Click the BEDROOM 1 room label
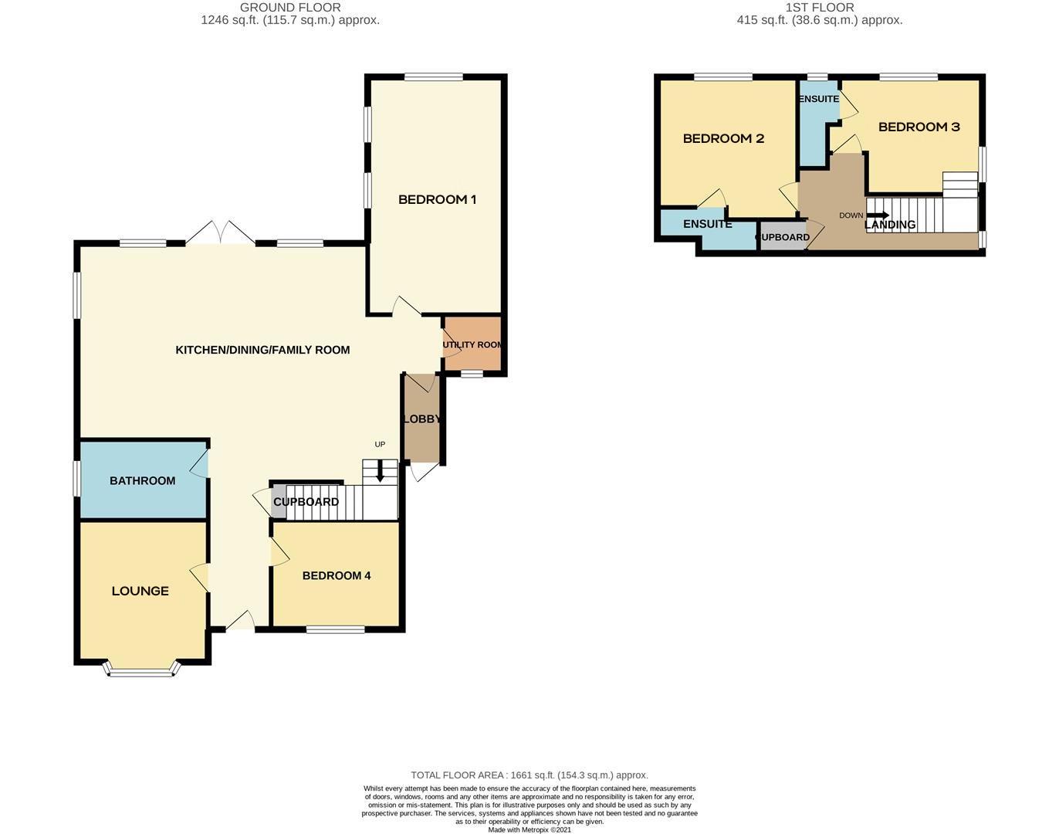[x=437, y=200]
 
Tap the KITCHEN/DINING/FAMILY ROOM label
[x=262, y=350]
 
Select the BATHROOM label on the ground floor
[x=142, y=480]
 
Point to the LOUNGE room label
[x=140, y=591]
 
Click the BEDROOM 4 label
[x=337, y=575]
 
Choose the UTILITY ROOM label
[x=473, y=344]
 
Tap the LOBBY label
[x=421, y=419]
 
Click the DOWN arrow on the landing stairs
[x=878, y=215]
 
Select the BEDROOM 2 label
[x=723, y=138]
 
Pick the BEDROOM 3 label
[x=919, y=127]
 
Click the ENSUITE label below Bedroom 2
[x=707, y=224]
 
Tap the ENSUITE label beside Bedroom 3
[x=818, y=99]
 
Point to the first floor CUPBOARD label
[x=783, y=237]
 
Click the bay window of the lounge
[x=141, y=671]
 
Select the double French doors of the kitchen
[x=221, y=233]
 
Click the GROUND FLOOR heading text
[x=290, y=8]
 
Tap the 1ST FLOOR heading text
[x=820, y=8]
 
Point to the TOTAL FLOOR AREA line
[x=529, y=775]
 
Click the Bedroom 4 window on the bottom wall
[x=335, y=629]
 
